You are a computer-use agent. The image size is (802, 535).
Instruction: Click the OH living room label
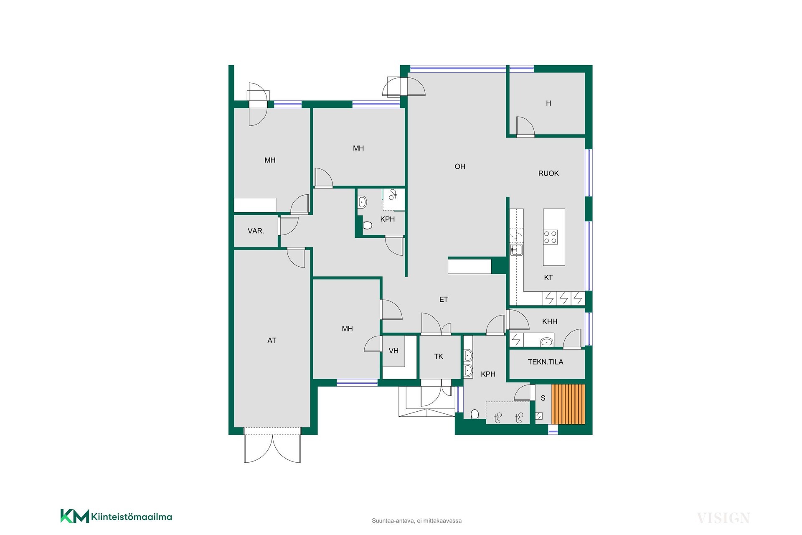tap(460, 166)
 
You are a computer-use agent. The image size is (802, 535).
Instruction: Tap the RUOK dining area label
tap(548, 173)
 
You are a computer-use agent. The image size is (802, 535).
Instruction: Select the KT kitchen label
tap(548, 278)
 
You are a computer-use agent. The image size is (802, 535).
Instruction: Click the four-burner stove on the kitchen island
tap(550, 237)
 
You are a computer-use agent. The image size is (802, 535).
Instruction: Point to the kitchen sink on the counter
tap(516, 250)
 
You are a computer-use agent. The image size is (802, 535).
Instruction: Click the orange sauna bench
tap(568, 405)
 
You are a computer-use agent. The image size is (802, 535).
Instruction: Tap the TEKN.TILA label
tap(546, 362)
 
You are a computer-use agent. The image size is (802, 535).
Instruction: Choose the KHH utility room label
tap(550, 321)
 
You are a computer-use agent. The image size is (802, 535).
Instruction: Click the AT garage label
tap(272, 341)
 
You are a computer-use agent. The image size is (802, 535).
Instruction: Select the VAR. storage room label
tap(256, 231)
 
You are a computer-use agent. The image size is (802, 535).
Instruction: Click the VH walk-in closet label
tap(393, 351)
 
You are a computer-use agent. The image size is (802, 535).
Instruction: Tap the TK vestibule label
tap(439, 357)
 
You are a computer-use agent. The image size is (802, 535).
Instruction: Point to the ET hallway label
tap(444, 300)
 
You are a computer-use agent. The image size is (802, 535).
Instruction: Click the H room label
tap(548, 103)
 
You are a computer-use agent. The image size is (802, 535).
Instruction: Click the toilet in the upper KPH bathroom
tap(367, 226)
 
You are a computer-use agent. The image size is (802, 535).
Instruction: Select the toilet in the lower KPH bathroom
tap(475, 414)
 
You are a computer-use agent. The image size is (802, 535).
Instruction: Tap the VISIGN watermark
tap(723, 518)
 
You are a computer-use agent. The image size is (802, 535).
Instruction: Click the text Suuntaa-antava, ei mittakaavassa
tap(416, 521)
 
